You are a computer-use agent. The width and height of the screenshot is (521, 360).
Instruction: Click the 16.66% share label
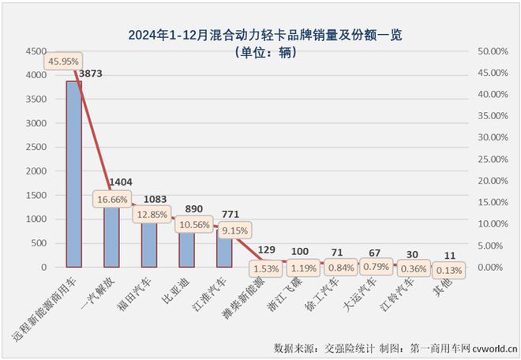110,201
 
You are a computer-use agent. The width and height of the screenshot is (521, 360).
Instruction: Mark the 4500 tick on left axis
36,51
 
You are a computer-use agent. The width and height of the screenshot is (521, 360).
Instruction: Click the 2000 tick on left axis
36,171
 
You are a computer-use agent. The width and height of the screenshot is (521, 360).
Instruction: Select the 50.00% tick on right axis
495,51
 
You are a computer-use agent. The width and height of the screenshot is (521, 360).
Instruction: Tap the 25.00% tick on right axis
495,159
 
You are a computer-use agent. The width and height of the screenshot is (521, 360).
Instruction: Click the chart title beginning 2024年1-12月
260,36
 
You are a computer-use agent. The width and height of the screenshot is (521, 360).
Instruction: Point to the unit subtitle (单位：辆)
260,53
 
